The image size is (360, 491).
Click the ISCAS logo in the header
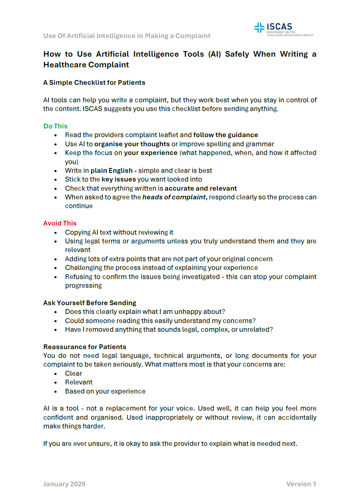(x=283, y=29)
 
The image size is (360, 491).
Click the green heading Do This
(x=56, y=126)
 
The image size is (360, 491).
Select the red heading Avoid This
(x=60, y=223)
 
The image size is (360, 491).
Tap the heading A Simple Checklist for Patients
(x=94, y=82)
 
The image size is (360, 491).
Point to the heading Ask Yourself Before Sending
(x=90, y=303)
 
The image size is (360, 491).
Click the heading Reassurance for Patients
(x=85, y=347)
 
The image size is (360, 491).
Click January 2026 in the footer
(x=64, y=484)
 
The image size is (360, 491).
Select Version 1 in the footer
(x=301, y=484)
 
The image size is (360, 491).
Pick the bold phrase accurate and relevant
(x=201, y=188)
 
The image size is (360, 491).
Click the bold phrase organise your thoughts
(x=132, y=144)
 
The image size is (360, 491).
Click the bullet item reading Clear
(x=74, y=373)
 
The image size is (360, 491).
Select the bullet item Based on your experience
(x=105, y=391)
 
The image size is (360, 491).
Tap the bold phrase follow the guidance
(x=226, y=135)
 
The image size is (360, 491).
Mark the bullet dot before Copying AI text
(x=56, y=233)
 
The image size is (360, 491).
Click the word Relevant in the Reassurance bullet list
(x=79, y=382)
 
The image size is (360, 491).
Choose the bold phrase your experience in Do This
(x=151, y=153)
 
